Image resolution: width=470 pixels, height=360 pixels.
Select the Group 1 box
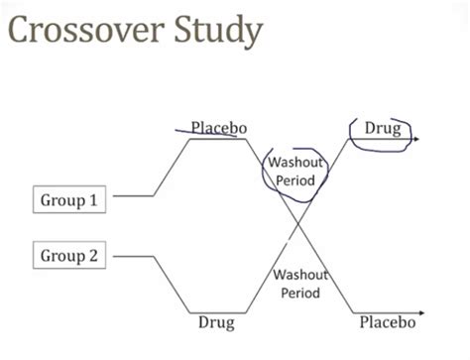(x=68, y=200)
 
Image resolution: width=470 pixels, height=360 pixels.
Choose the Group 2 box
(x=68, y=256)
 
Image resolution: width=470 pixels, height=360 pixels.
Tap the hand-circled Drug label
(x=382, y=129)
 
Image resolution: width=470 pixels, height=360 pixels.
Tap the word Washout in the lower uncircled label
(x=300, y=275)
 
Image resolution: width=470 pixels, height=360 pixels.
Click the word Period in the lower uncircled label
(x=300, y=294)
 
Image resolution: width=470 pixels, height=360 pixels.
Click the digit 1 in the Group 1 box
(x=93, y=200)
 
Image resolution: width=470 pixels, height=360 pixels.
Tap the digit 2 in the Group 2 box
(x=93, y=256)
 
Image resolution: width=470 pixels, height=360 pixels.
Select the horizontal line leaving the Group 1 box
(x=133, y=195)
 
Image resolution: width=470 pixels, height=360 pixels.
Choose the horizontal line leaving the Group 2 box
(x=133, y=256)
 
